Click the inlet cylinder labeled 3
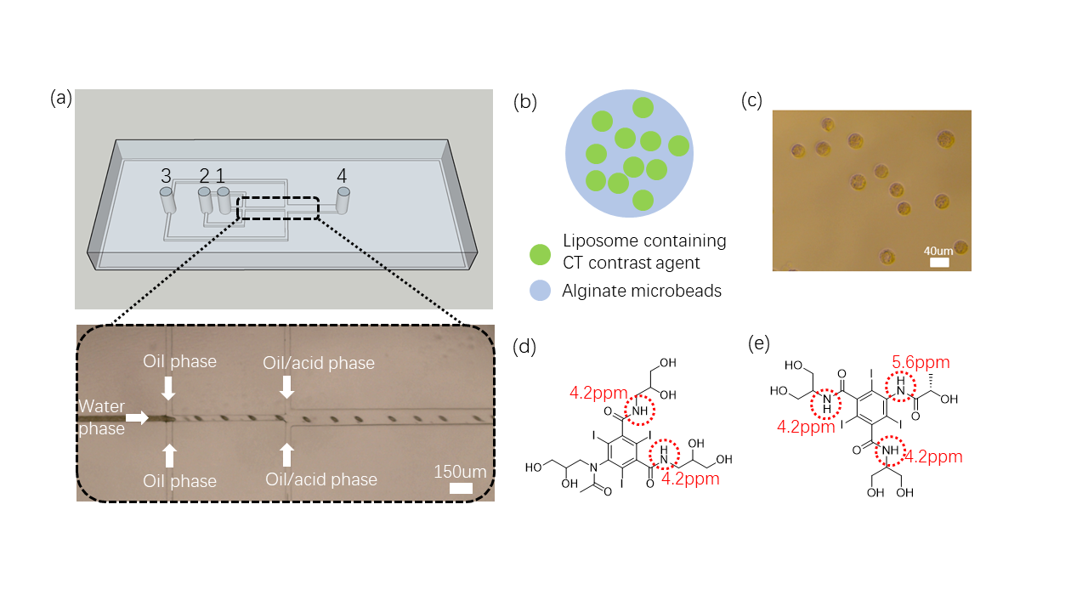(167, 201)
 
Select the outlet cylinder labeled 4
(343, 201)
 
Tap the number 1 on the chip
(220, 176)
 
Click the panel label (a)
(61, 98)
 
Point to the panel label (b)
(525, 102)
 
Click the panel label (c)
(752, 100)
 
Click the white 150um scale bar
(461, 487)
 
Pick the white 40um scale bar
(939, 263)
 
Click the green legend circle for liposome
(540, 253)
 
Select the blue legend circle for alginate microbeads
(540, 291)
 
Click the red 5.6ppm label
(921, 362)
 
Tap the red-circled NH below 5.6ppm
(902, 387)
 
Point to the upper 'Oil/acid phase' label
(320, 363)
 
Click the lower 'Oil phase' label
(180, 481)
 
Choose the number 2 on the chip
(204, 176)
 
